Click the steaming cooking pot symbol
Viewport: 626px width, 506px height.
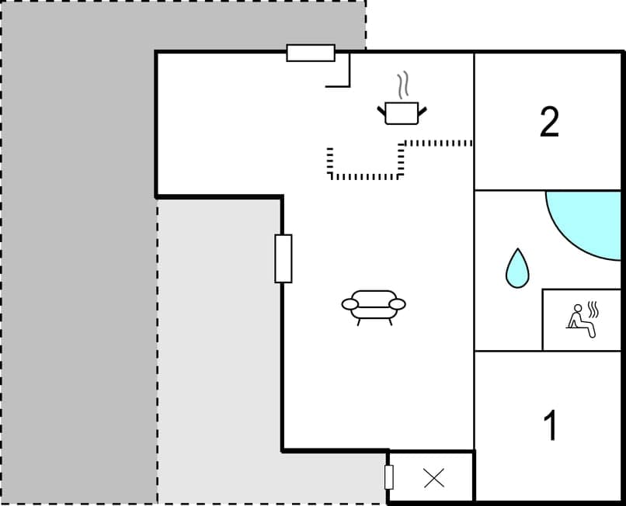click(x=402, y=112)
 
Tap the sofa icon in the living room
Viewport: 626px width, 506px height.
click(x=374, y=304)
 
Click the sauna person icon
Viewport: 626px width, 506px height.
click(x=582, y=320)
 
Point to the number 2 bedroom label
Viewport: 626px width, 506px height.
click(x=549, y=122)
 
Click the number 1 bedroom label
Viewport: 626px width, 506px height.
click(x=551, y=425)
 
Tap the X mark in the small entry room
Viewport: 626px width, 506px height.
click(x=434, y=478)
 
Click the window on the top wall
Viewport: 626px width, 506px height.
click(x=311, y=53)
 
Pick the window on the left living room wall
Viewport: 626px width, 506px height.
click(x=283, y=258)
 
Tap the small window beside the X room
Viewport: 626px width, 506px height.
click(x=389, y=477)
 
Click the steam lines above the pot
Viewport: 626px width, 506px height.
click(x=402, y=83)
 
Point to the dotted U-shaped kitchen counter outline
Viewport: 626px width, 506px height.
click(x=365, y=176)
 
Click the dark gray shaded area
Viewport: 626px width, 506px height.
click(x=78, y=233)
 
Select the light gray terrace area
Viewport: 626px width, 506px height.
click(x=217, y=349)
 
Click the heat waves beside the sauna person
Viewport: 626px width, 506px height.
click(x=596, y=310)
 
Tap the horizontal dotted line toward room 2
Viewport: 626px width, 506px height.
click(x=439, y=143)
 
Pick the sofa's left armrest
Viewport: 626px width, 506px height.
click(x=348, y=303)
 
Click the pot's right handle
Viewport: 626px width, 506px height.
click(x=423, y=113)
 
